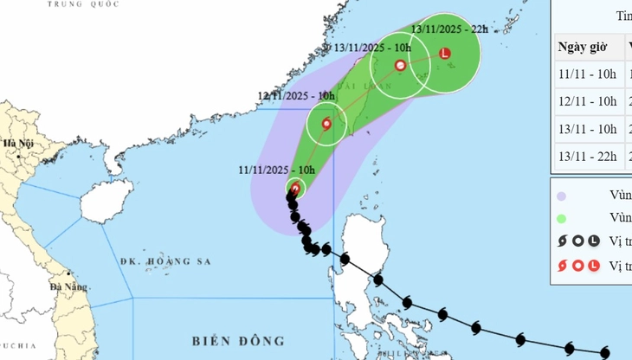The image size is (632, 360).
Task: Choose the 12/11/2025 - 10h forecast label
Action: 296,96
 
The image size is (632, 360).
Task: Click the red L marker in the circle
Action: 445,53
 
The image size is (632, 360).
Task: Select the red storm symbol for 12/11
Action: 326,124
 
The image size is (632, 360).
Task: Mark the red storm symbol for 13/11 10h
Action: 400,65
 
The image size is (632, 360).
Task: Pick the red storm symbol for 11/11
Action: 295,188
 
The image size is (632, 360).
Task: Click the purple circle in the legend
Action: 562,196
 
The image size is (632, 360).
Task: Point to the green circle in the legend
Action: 562,219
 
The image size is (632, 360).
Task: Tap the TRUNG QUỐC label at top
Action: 73,3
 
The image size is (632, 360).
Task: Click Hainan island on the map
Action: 100,204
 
